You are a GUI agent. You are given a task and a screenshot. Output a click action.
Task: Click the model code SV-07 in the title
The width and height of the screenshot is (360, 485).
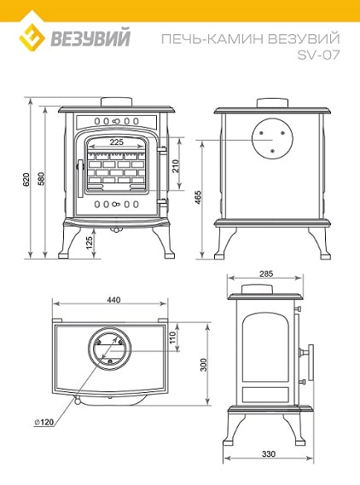coord(318,55)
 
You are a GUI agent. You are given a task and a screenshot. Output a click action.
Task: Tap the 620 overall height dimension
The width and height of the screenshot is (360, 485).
coord(26,179)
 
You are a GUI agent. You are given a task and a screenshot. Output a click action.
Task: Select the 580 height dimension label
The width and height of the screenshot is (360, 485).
coord(42,178)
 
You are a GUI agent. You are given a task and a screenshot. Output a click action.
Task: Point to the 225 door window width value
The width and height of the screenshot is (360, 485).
coord(117,142)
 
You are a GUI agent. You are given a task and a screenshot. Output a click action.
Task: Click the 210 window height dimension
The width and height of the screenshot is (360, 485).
coord(175,166)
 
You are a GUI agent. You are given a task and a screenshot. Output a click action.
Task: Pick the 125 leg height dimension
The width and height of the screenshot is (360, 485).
coord(90,243)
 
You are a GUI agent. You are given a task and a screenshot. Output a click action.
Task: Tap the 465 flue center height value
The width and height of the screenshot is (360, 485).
coord(198,198)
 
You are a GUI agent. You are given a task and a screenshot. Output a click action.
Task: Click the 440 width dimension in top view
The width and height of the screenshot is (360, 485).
coord(114,300)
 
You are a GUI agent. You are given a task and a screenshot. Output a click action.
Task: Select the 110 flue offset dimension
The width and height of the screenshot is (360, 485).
coord(173,338)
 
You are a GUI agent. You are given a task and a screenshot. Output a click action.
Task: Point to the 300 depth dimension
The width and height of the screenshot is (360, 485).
coord(203,365)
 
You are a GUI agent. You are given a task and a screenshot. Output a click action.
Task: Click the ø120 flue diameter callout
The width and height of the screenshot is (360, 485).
coord(44,422)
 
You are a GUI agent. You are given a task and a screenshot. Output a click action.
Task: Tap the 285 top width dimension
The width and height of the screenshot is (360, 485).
coord(266,274)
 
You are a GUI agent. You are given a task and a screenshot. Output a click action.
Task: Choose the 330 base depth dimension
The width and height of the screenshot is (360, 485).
coord(269,454)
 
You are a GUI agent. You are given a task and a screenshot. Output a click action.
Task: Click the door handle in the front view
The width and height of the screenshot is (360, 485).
coord(80,178)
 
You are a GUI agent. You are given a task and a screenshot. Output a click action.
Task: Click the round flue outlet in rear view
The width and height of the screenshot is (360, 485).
coord(272,139)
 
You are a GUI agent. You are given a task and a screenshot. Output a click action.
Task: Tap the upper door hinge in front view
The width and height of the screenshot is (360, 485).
coord(162,150)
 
